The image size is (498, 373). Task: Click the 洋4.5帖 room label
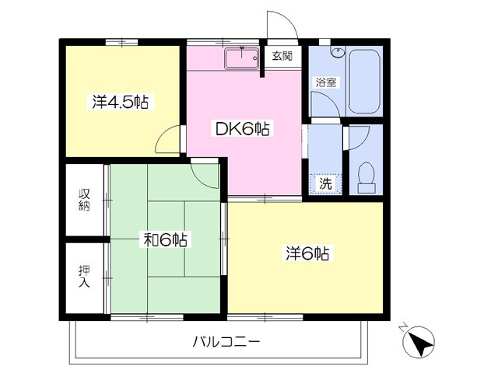pyautogui.click(x=121, y=102)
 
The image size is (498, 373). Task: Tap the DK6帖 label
pyautogui.click(x=243, y=129)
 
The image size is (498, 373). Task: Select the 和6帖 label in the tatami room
pyautogui.click(x=165, y=240)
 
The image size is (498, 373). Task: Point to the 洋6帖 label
pyautogui.click(x=307, y=253)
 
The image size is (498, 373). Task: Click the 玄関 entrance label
pyautogui.click(x=282, y=56)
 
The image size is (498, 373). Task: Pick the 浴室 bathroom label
pyautogui.click(x=326, y=82)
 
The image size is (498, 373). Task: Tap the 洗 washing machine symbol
pyautogui.click(x=325, y=183)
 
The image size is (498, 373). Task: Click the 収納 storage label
pyautogui.click(x=85, y=200)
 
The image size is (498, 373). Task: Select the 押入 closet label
pyautogui.click(x=85, y=277)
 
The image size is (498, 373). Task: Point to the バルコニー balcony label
pyautogui.click(x=226, y=342)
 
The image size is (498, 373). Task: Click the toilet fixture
pyautogui.click(x=366, y=178)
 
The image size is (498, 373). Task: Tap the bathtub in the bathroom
pyautogui.click(x=364, y=81)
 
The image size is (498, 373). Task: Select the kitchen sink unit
pyautogui.click(x=242, y=58)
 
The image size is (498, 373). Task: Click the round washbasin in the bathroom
pyautogui.click(x=338, y=52)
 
